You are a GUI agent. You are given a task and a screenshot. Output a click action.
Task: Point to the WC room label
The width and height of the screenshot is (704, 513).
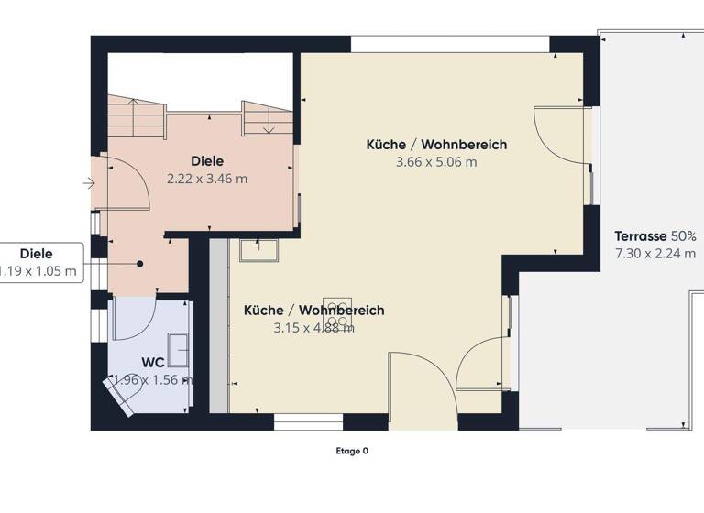(x=152, y=363)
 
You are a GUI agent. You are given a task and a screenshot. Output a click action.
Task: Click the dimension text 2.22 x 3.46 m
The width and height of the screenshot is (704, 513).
(x=207, y=179)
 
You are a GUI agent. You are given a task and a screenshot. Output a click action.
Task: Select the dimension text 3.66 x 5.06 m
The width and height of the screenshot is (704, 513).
(x=436, y=162)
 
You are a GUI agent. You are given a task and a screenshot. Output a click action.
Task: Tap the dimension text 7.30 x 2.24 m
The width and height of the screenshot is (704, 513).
(x=654, y=255)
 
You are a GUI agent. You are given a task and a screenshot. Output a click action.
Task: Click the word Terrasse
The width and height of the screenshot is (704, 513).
(x=641, y=236)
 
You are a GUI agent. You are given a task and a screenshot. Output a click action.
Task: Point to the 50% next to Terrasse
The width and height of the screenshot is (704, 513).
(x=684, y=236)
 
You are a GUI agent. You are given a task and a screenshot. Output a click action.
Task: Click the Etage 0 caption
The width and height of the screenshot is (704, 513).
(x=352, y=451)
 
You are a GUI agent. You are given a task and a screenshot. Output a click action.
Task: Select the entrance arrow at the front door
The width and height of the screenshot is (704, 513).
(x=89, y=183)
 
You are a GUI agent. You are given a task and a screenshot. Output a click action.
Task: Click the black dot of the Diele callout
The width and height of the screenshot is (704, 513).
(x=140, y=264)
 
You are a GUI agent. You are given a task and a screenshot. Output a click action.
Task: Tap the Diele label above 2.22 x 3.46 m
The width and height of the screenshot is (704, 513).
(x=207, y=161)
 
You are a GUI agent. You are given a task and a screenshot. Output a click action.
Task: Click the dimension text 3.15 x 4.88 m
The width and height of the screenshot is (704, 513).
(x=313, y=328)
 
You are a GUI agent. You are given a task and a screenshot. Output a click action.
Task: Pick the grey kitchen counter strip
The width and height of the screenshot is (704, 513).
(x=219, y=325)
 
